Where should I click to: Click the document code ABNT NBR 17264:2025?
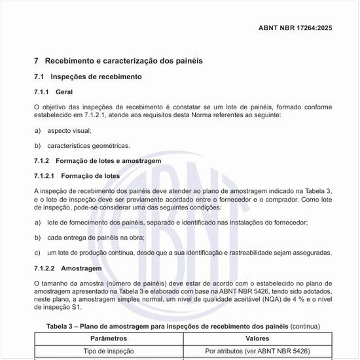point(295,29)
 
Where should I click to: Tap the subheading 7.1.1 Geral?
point(58,92)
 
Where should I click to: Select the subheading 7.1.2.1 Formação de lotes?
point(77,176)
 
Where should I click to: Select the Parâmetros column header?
point(109,339)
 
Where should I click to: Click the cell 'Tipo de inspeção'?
point(109,351)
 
